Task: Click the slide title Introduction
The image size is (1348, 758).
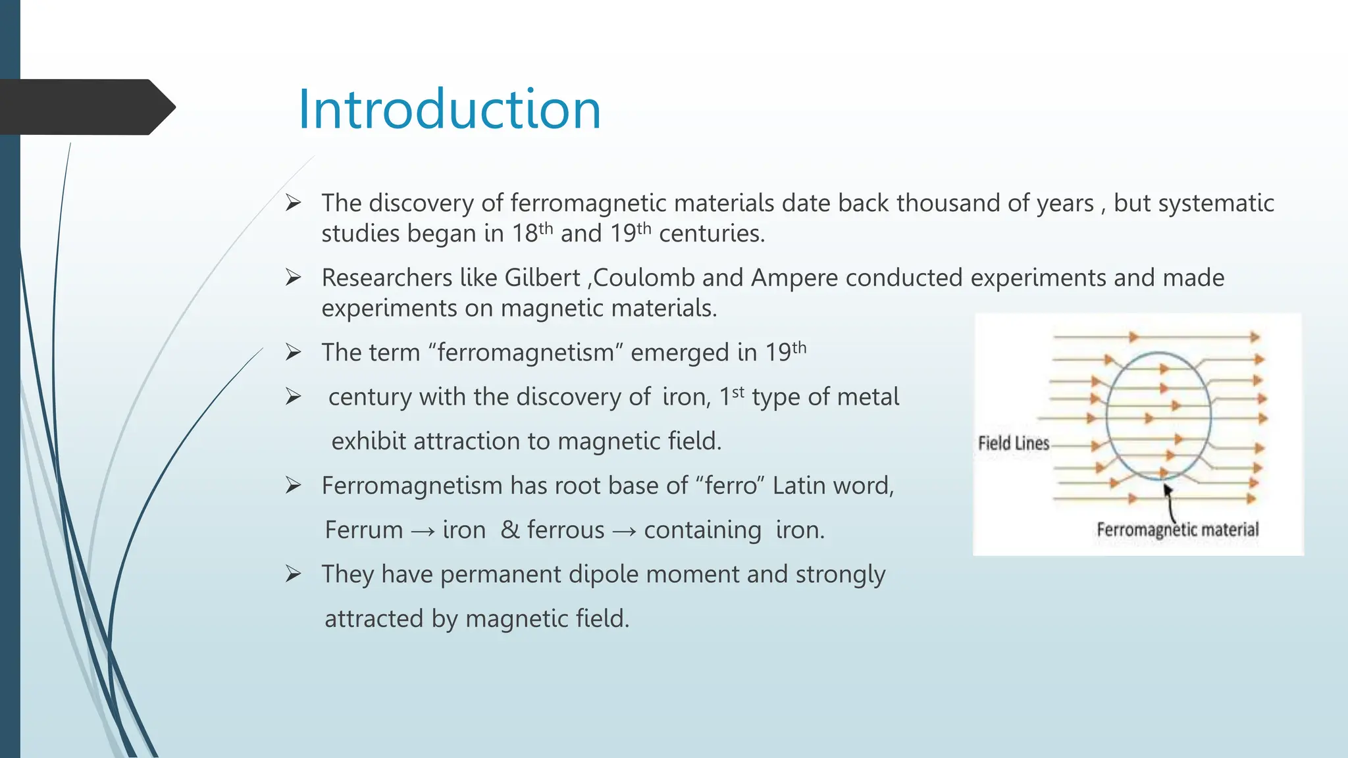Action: click(x=450, y=109)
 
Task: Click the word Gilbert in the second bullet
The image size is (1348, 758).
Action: click(x=542, y=278)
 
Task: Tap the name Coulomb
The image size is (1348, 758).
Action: click(x=644, y=278)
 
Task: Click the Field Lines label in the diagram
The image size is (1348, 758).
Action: click(x=1013, y=443)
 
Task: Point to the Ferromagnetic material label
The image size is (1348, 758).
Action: click(x=1177, y=530)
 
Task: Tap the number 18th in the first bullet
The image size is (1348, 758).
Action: click(x=532, y=233)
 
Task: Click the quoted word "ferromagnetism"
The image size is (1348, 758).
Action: click(x=525, y=353)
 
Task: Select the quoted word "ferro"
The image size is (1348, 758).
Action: click(x=731, y=486)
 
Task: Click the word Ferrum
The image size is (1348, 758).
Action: click(x=364, y=530)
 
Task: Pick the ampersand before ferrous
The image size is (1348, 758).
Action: click(x=510, y=530)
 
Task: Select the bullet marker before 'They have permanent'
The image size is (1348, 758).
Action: click(x=294, y=574)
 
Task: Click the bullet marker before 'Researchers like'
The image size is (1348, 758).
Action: click(x=294, y=278)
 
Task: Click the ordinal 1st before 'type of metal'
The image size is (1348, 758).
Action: click(x=731, y=396)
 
